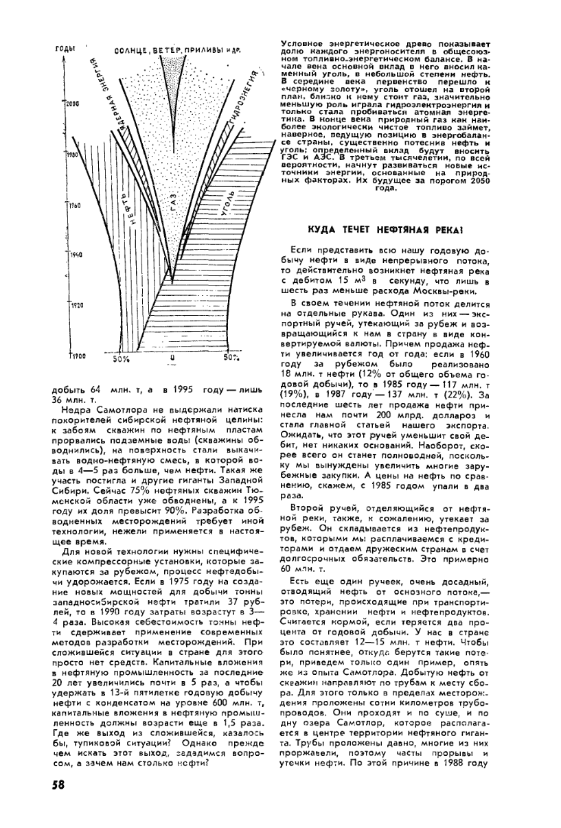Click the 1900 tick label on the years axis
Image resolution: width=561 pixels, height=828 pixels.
click(x=76, y=356)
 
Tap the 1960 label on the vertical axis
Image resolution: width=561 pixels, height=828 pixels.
click(x=76, y=206)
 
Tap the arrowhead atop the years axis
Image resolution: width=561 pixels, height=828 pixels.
click(x=64, y=58)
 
